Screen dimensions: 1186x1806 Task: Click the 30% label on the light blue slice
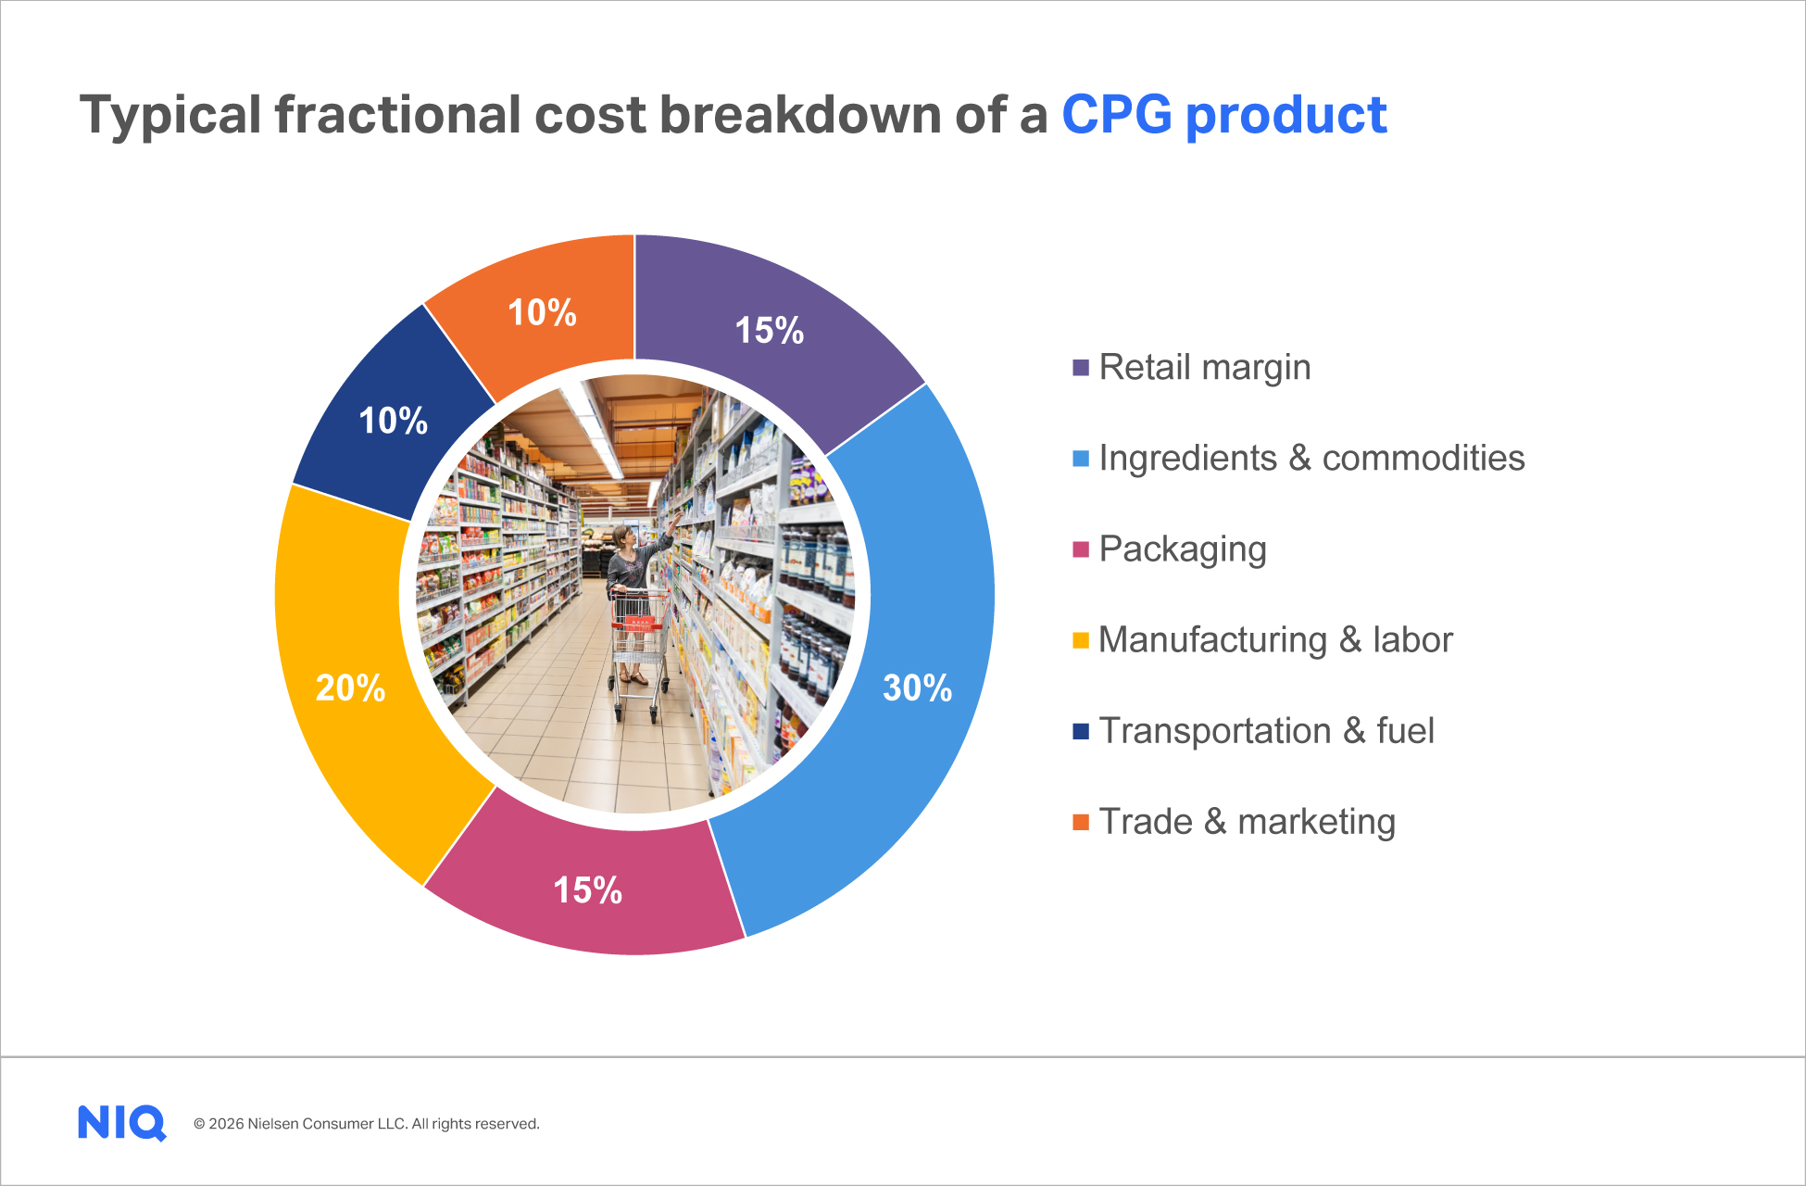point(917,688)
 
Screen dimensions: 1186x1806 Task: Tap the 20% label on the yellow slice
point(350,688)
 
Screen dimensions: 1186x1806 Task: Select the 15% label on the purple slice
point(769,331)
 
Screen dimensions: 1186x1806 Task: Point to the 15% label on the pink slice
point(587,890)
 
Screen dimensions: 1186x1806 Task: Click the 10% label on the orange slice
point(542,313)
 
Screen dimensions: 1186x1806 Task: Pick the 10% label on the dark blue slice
point(393,422)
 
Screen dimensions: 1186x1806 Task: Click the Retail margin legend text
point(1204,368)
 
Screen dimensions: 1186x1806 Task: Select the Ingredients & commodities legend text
point(1311,459)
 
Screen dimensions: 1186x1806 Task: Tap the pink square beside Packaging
point(1080,549)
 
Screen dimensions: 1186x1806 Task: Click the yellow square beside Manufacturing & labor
point(1080,640)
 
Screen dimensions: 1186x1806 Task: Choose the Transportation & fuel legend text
point(1266,731)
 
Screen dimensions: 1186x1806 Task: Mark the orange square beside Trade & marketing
point(1080,822)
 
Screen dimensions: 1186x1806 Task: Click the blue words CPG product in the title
point(1223,116)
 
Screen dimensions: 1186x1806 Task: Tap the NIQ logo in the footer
point(121,1123)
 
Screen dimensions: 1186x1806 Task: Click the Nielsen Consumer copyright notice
point(366,1124)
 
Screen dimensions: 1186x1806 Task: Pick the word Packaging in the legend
point(1182,549)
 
